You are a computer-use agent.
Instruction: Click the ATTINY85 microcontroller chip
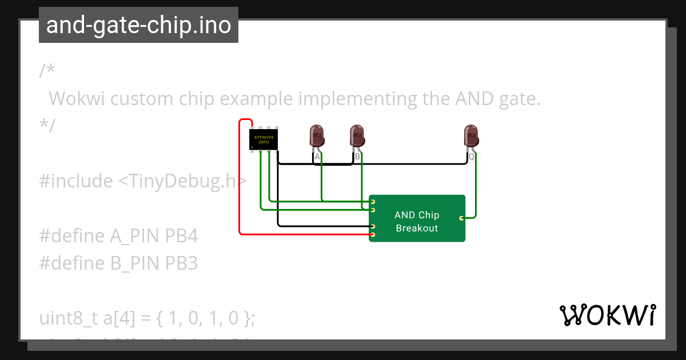coord(264,139)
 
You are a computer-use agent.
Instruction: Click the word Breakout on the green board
coord(417,228)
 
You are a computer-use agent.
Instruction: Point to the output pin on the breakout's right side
coord(461,218)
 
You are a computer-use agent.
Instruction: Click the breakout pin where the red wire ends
coord(373,234)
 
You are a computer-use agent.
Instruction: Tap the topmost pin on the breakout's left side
coord(373,202)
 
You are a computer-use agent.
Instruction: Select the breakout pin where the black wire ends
coord(373,226)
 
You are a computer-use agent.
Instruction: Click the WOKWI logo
coord(607,315)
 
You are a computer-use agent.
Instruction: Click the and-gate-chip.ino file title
coord(138,25)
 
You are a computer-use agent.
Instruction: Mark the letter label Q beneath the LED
coord(472,156)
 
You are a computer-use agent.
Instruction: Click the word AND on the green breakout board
coord(405,215)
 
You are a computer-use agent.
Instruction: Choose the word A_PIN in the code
coord(135,235)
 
